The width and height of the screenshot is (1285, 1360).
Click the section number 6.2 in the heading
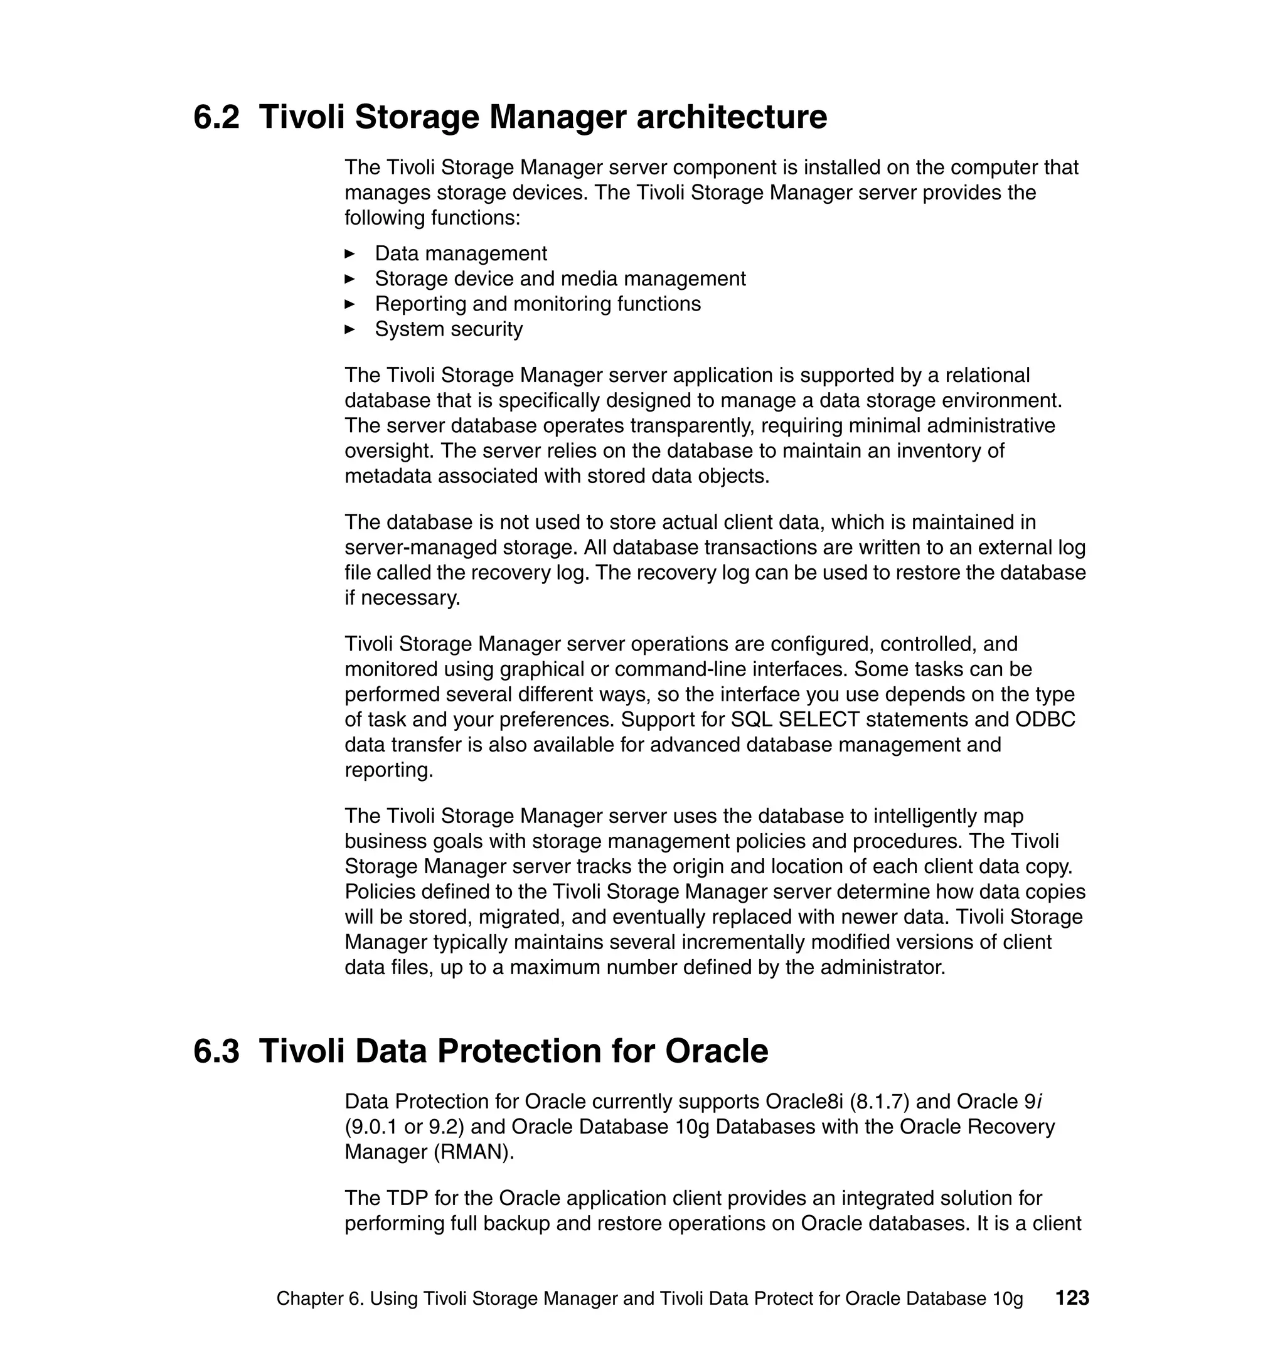[216, 117]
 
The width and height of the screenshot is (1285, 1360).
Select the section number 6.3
[216, 1051]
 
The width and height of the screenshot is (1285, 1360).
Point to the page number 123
[1072, 1298]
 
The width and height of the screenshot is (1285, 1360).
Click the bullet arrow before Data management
[349, 254]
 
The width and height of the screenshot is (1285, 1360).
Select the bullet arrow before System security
[349, 329]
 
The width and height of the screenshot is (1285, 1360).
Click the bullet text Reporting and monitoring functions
[538, 304]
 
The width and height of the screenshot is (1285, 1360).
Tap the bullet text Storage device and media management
[560, 279]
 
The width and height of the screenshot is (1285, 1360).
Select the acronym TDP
[407, 1198]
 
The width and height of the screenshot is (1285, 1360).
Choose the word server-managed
[421, 548]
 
